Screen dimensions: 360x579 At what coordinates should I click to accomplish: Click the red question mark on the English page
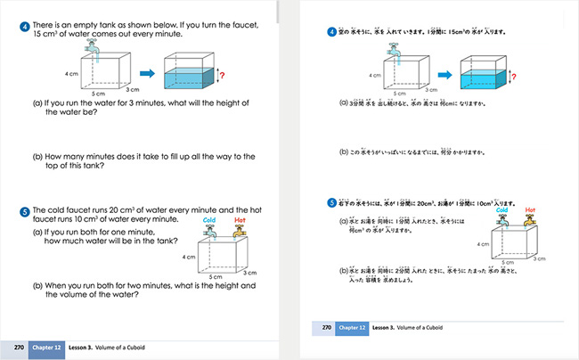tap(225, 77)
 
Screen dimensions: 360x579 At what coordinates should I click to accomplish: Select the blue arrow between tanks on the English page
tap(148, 72)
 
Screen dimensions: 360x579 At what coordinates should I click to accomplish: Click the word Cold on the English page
tap(210, 219)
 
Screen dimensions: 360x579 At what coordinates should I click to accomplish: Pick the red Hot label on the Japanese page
tap(532, 211)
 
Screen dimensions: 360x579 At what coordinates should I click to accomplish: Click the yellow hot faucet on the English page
tap(239, 231)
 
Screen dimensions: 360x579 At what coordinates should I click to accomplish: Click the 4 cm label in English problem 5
tap(188, 257)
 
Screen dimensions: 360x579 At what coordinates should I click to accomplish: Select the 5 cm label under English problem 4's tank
tap(101, 93)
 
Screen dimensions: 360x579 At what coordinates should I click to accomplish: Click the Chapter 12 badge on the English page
tap(45, 347)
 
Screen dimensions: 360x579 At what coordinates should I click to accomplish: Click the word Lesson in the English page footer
tap(94, 347)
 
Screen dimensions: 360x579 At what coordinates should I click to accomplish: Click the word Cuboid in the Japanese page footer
tap(431, 328)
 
